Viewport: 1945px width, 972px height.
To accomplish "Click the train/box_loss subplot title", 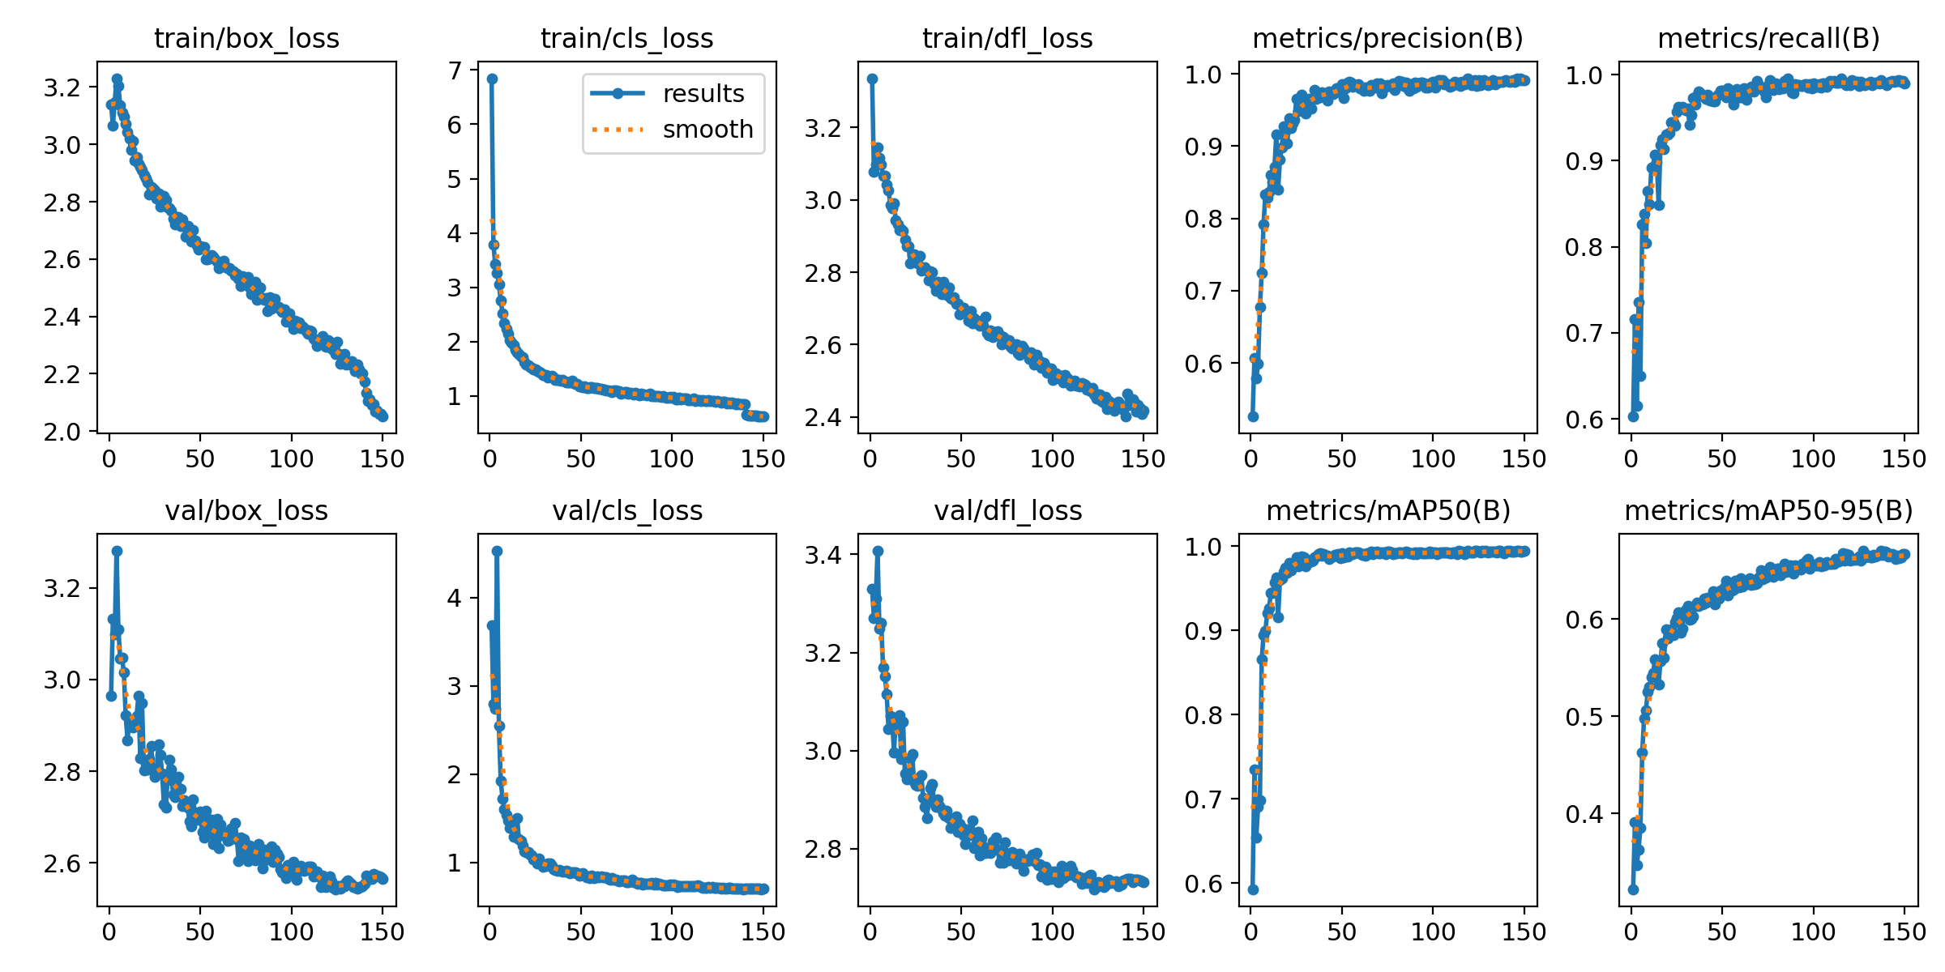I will (246, 39).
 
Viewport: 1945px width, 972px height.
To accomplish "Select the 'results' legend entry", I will (703, 94).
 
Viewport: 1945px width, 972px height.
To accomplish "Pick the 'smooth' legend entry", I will (707, 130).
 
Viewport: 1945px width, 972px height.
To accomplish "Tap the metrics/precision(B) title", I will (1387, 39).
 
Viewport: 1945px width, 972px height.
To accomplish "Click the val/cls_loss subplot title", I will (627, 511).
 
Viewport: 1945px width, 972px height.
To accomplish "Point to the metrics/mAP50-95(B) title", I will (1768, 511).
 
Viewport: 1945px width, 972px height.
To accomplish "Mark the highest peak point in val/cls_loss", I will (497, 551).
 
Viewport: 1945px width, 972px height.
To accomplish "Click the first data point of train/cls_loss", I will (492, 79).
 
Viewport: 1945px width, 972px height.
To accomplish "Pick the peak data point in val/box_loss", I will (117, 551).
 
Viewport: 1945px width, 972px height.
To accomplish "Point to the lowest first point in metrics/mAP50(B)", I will (1253, 889).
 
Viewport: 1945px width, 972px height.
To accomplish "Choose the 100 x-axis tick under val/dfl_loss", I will (1051, 932).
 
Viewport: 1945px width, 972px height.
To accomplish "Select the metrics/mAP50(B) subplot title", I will (1387, 511).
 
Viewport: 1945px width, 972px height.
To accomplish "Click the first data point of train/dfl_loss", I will (872, 79).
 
